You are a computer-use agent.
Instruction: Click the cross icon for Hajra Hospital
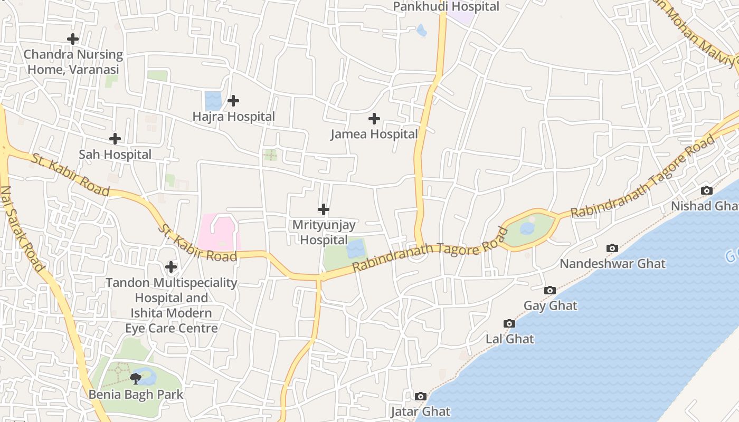[x=233, y=101]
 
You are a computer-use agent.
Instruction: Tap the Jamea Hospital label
[x=374, y=134]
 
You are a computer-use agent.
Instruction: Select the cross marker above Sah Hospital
[x=115, y=139]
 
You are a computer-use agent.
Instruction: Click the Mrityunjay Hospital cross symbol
[x=324, y=209]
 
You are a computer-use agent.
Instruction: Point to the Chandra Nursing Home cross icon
[x=73, y=39]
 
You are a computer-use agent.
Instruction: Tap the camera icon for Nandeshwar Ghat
[x=612, y=248]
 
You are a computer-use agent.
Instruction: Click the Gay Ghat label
[x=550, y=305]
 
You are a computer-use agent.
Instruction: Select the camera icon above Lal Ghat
[x=509, y=323]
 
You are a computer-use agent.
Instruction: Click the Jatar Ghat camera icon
[x=421, y=396]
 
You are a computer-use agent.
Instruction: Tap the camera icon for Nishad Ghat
[x=706, y=190]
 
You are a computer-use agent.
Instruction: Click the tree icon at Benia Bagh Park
[x=136, y=378]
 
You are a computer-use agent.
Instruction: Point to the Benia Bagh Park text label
[x=136, y=394]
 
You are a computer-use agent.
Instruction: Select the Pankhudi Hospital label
[x=446, y=7]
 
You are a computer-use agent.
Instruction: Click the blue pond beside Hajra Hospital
[x=213, y=101]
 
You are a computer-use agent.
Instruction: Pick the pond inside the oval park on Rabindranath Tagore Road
[x=527, y=228]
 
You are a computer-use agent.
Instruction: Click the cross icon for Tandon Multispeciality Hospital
[x=171, y=267]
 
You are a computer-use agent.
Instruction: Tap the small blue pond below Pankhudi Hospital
[x=421, y=31]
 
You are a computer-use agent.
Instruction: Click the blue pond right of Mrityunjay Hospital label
[x=356, y=248]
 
